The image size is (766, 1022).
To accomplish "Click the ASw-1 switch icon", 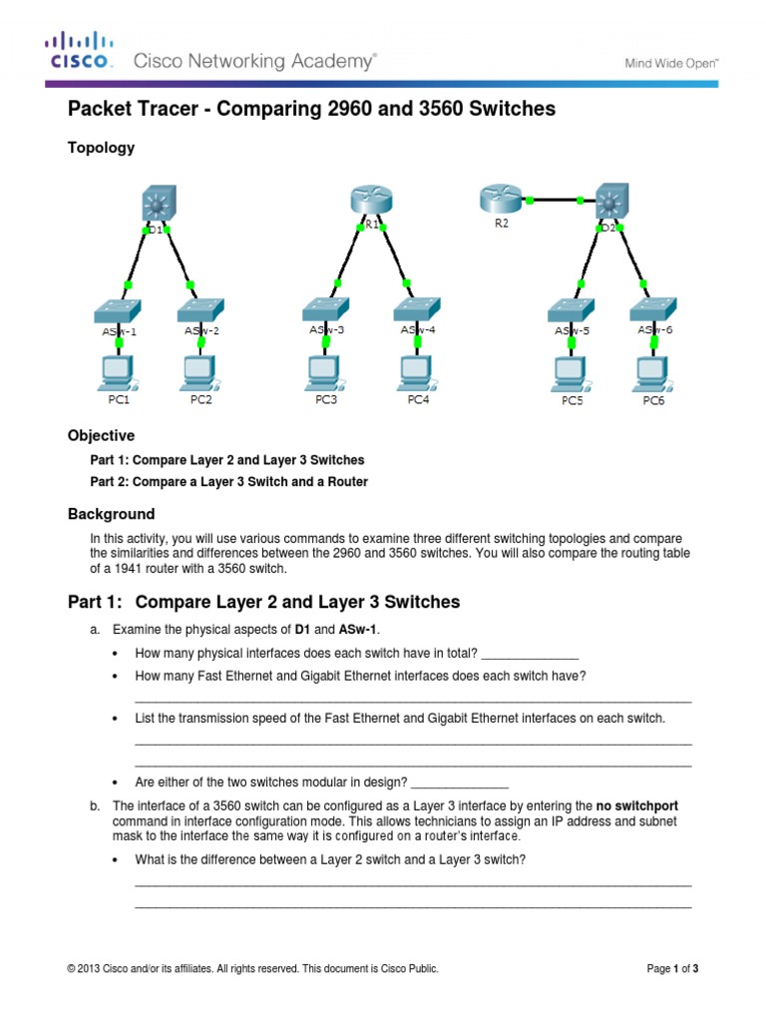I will click(119, 308).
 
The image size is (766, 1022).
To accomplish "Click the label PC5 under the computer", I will click(572, 401).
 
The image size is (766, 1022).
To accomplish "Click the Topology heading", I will click(101, 148).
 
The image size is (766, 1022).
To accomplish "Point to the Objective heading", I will click(101, 436).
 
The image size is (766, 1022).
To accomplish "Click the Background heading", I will click(111, 514).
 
